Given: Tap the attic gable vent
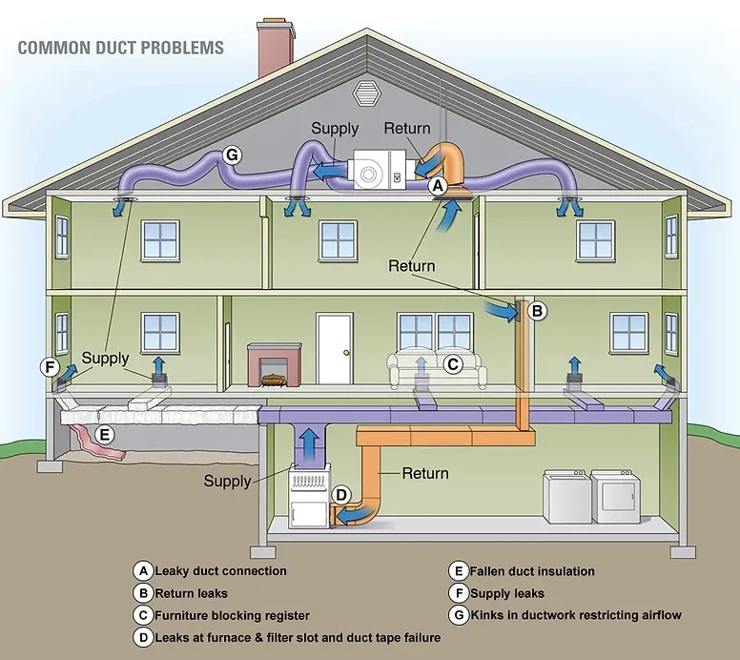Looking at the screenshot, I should (x=366, y=93).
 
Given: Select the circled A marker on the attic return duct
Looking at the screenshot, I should (x=438, y=186).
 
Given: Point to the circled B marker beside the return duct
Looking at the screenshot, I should (x=537, y=310).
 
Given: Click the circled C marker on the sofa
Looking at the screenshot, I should (x=454, y=362).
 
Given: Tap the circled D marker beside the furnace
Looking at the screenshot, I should (x=342, y=494).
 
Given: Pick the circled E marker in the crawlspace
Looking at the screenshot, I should (x=106, y=434).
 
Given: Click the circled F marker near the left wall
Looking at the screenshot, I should (x=50, y=367).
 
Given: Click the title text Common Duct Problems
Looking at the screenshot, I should (x=121, y=47).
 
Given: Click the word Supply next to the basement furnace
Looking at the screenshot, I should (x=228, y=481).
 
